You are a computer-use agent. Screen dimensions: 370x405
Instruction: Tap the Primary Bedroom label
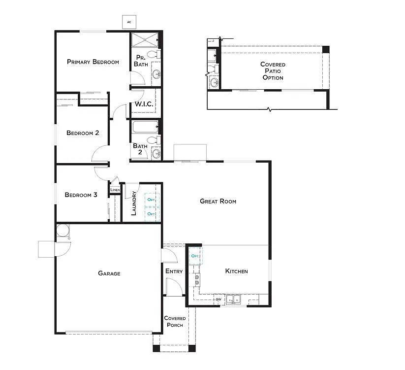pos(93,62)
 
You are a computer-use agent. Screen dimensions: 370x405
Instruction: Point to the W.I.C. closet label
pos(143,105)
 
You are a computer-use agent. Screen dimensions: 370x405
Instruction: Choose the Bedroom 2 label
pos(83,133)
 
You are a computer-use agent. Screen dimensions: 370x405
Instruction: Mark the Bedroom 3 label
pos(81,195)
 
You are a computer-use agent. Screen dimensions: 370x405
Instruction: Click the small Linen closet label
pos(115,190)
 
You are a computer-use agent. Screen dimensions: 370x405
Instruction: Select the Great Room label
pos(218,201)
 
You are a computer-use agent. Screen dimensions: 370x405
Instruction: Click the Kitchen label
pos(236,271)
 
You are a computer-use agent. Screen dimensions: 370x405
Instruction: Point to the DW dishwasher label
pos(218,299)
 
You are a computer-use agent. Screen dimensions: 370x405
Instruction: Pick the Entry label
pos(174,271)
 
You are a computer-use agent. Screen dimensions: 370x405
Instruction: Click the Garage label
pos(109,273)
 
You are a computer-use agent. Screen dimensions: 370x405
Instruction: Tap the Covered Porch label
pos(174,321)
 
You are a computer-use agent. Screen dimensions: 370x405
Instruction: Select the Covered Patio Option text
pos(273,71)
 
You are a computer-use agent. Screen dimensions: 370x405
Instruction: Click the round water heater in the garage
pos(62,230)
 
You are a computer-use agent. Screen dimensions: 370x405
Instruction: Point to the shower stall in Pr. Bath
pos(146,39)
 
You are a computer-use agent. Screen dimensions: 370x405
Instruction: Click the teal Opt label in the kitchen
pos(195,256)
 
